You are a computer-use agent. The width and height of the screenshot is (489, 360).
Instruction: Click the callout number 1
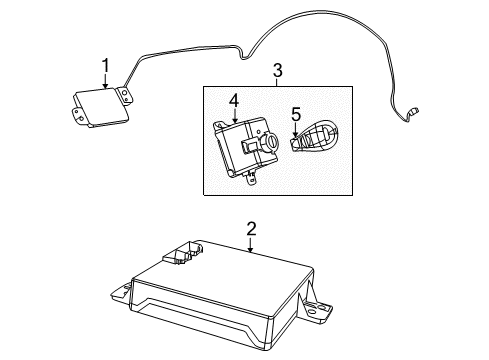(x=105, y=68)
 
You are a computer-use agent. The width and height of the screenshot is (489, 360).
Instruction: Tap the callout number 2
(x=251, y=229)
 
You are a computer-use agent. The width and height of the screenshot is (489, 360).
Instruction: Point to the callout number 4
(x=232, y=101)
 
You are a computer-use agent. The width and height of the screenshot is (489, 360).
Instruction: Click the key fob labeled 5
(x=318, y=138)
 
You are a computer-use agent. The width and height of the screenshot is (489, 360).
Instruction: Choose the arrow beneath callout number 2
(x=251, y=244)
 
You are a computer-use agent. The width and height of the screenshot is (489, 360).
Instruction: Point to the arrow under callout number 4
(x=232, y=116)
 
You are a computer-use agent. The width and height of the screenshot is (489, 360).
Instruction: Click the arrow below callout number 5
(x=295, y=129)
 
